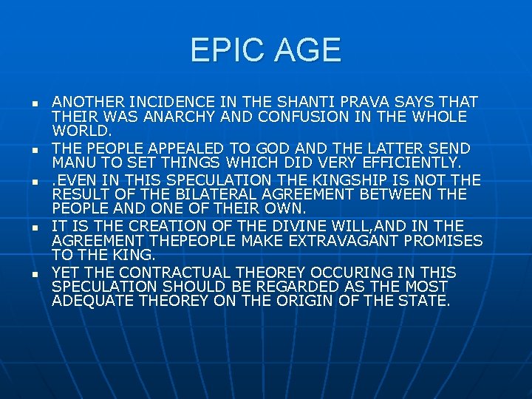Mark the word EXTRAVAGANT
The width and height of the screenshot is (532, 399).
click(318, 241)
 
